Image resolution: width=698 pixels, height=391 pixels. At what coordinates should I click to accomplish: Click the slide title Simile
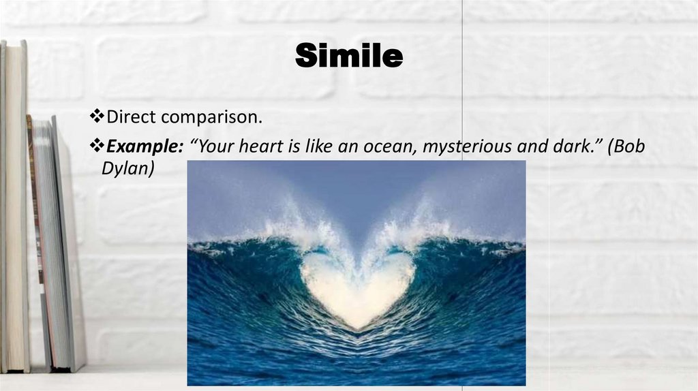348,57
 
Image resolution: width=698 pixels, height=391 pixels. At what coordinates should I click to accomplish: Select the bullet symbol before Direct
95,117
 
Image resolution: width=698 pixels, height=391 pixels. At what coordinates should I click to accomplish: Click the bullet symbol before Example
95,146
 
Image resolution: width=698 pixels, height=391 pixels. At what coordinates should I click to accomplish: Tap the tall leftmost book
14,204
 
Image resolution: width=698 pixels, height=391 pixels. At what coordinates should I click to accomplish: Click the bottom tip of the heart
356,328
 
